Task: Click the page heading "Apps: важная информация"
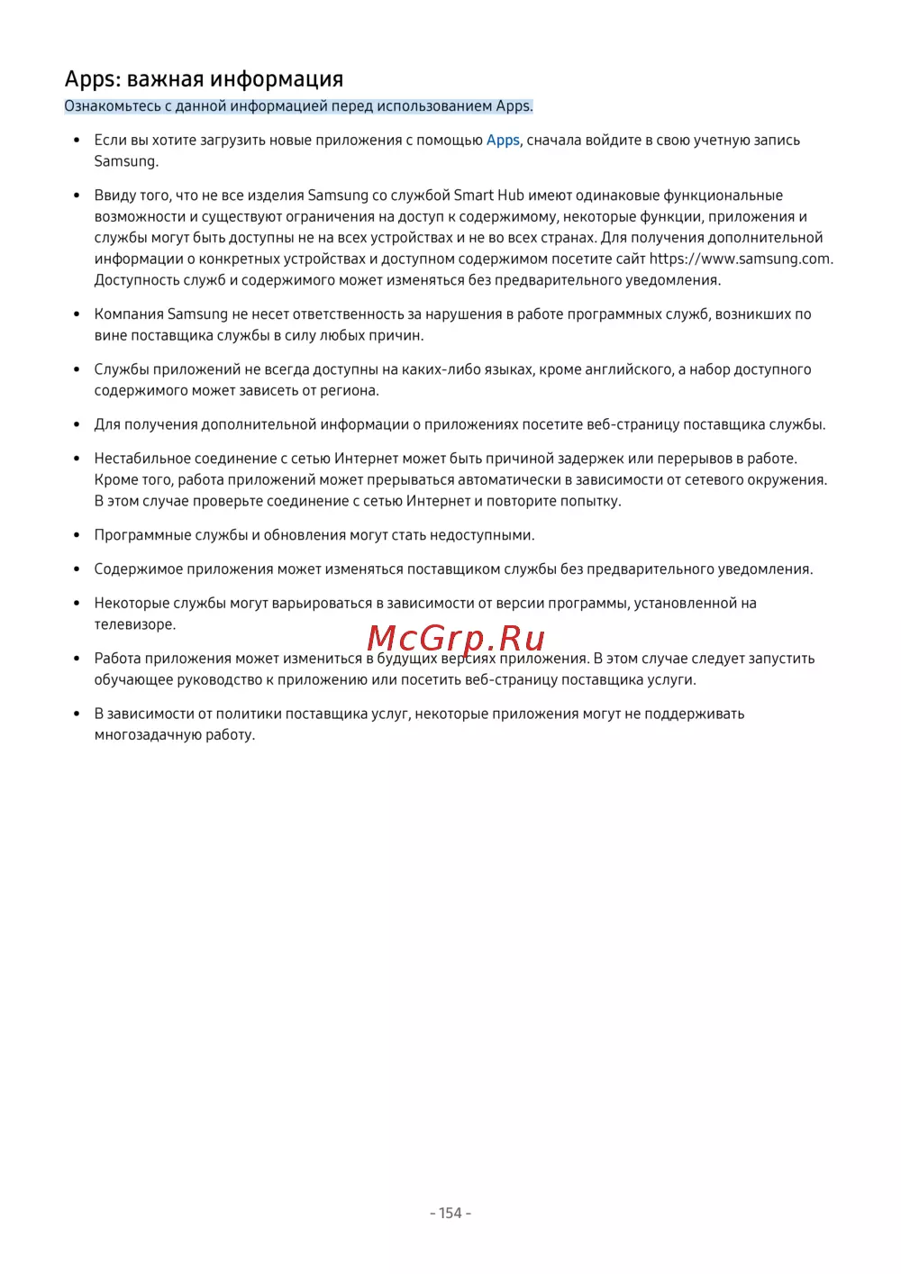tap(204, 79)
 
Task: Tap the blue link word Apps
tap(503, 140)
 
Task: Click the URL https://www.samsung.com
tap(740, 259)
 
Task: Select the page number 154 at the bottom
tap(450, 1213)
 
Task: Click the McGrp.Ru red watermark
tap(456, 638)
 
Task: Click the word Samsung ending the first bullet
tap(125, 161)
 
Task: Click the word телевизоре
tap(134, 624)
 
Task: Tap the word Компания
tap(129, 314)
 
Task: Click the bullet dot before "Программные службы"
tap(77, 535)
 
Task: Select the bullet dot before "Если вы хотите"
tap(77, 140)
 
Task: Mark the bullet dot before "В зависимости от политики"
tap(77, 714)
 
